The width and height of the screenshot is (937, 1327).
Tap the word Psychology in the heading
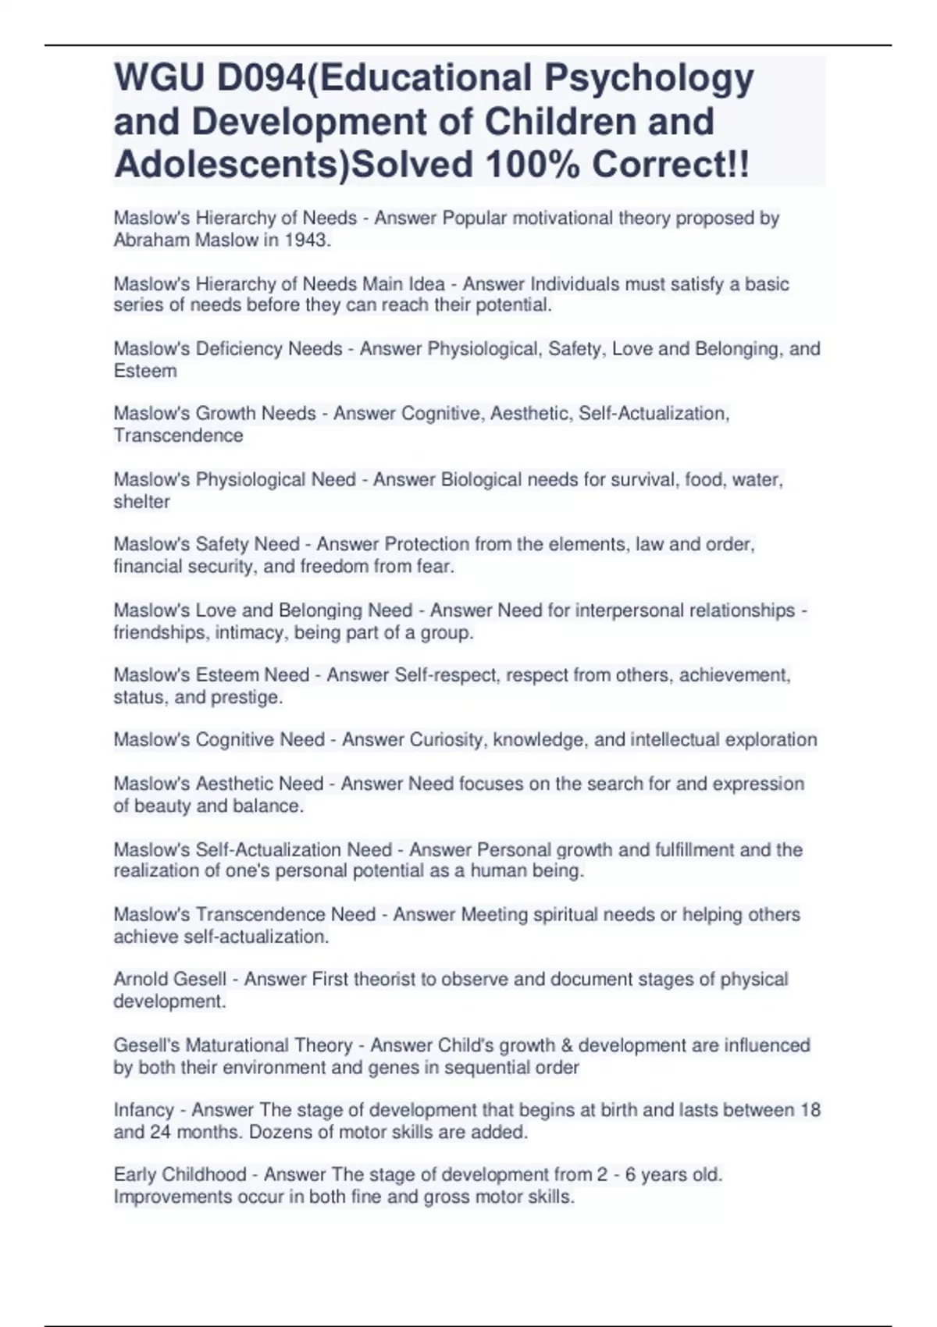[x=649, y=78]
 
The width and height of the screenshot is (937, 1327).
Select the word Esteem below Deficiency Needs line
[x=145, y=371]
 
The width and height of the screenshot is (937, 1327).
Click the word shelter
[x=141, y=502]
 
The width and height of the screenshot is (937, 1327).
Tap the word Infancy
[x=144, y=1110]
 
